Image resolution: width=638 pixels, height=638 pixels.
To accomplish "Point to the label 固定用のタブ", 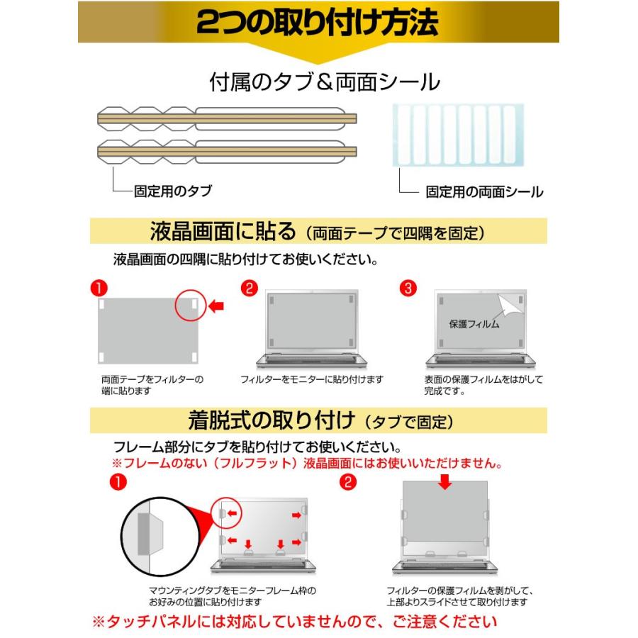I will (x=172, y=191).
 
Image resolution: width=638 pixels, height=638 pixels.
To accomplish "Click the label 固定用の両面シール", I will (x=484, y=191).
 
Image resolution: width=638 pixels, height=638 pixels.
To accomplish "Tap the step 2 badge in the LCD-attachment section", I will (x=250, y=289).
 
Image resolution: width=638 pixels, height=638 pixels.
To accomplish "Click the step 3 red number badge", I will (x=409, y=289).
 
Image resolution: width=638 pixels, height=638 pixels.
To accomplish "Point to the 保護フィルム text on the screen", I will (x=474, y=324).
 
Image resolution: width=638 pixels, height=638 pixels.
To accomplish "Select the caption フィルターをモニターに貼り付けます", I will (x=313, y=379).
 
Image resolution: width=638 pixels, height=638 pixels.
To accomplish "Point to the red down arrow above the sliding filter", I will (x=444, y=483).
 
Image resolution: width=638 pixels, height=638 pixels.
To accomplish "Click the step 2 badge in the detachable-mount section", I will (x=347, y=483).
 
